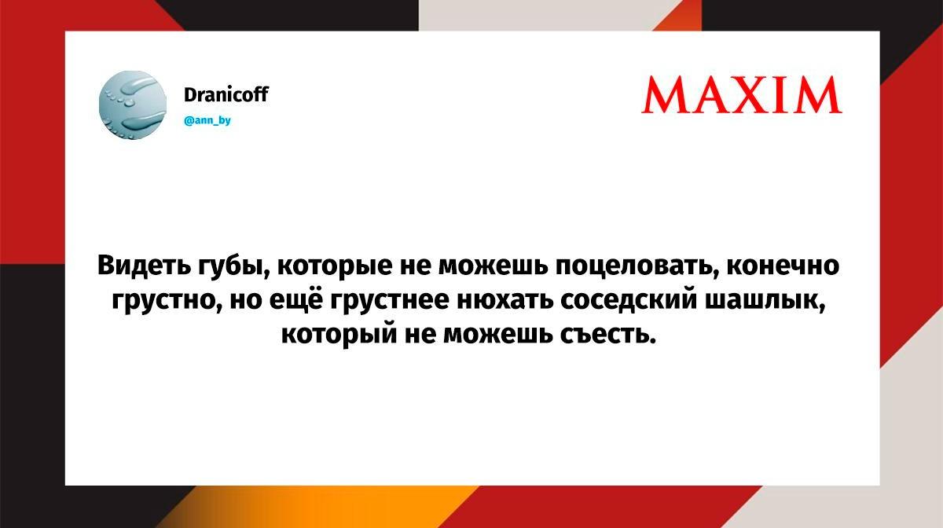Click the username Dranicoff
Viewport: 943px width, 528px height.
tap(226, 94)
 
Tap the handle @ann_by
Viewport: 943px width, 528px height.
tap(207, 120)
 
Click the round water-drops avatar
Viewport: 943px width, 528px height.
tap(133, 104)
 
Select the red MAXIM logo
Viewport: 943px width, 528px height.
tap(741, 95)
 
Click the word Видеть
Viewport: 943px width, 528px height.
tap(144, 266)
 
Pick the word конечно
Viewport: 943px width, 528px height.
tap(783, 266)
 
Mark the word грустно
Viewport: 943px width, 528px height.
tap(166, 302)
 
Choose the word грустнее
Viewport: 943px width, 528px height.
tap(390, 302)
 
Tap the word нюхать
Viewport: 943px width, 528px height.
tap(505, 301)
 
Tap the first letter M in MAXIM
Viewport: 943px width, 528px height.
tap(663, 95)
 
